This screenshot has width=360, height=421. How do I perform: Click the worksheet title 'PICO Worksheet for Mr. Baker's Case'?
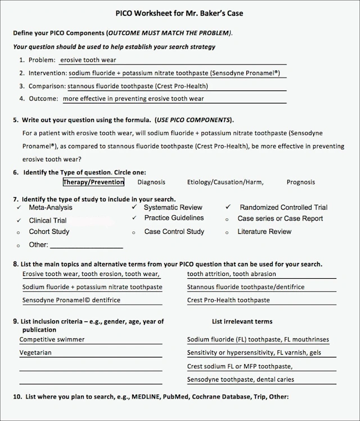(179, 13)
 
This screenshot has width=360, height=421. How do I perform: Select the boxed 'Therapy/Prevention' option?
(93, 182)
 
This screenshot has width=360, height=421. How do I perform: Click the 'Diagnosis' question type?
(151, 182)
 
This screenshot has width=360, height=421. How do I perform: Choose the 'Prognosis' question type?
(301, 182)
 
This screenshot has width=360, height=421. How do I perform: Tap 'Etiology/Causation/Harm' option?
(225, 182)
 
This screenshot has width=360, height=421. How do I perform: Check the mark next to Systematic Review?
(133, 207)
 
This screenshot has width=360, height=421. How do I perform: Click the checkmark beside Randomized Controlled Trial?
(227, 207)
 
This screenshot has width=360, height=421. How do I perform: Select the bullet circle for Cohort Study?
(19, 232)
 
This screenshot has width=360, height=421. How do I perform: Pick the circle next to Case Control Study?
(133, 232)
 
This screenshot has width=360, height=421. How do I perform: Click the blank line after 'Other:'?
(87, 246)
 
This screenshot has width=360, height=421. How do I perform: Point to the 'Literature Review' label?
(264, 232)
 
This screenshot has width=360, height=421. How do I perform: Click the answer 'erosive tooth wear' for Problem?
(88, 60)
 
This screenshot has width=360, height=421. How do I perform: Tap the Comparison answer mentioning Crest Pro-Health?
(138, 86)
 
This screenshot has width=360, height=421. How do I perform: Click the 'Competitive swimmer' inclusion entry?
(52, 339)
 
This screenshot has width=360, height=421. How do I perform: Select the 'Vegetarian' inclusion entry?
(35, 353)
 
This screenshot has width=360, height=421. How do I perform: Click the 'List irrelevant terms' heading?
(242, 322)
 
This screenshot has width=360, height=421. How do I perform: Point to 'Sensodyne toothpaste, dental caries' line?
(241, 379)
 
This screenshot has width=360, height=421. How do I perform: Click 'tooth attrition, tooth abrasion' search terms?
(232, 274)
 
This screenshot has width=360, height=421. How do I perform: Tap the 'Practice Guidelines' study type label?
(174, 218)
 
